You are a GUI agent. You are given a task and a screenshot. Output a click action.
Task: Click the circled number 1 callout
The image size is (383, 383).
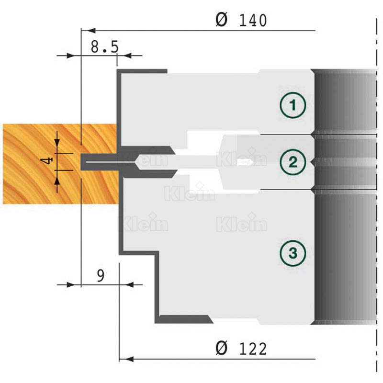point(293,105)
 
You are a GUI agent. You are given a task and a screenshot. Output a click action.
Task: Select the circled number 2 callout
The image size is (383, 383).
point(293,162)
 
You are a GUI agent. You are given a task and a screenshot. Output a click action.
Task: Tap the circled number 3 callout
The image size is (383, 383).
point(293,253)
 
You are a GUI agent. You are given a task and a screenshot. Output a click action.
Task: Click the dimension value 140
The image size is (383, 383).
point(253,21)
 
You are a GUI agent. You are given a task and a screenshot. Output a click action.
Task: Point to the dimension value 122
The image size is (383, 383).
point(253,349)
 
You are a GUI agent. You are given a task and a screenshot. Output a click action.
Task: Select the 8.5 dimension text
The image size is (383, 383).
point(104,47)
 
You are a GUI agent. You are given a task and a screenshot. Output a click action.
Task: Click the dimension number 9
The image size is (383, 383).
point(101,276)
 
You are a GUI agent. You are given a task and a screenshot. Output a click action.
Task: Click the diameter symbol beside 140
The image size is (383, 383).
point(222,20)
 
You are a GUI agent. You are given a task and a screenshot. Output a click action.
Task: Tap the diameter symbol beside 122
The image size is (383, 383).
point(222,349)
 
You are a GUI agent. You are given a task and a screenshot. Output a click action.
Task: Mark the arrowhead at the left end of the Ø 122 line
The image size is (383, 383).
point(126,359)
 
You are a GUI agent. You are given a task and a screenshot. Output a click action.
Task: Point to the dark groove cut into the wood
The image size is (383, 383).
point(100,162)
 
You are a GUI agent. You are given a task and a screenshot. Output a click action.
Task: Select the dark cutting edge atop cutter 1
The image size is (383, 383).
point(142,71)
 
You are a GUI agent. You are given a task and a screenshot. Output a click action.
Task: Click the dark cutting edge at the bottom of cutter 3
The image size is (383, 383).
point(184,319)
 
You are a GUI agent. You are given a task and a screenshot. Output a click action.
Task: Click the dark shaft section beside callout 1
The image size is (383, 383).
point(345,102)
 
